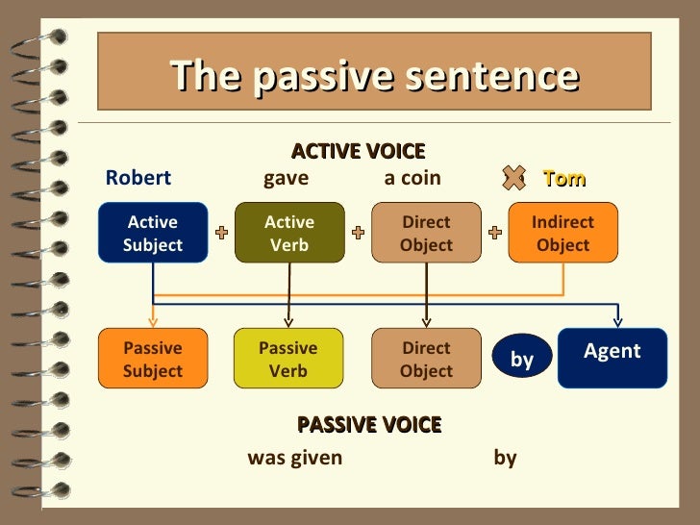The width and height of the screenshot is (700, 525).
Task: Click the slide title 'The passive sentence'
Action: tap(374, 76)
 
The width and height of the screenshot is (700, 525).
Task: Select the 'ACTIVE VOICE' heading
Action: tap(358, 151)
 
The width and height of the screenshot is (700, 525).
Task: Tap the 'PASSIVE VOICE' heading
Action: tap(369, 424)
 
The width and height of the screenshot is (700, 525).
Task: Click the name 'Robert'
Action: tap(137, 178)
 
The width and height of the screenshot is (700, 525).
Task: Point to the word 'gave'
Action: tap(286, 178)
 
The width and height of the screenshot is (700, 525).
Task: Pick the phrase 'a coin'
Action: tap(412, 178)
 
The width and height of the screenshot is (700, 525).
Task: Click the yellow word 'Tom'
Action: tap(563, 178)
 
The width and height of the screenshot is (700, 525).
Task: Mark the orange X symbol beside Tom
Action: tap(513, 177)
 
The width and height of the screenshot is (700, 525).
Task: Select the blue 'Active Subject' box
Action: tap(153, 233)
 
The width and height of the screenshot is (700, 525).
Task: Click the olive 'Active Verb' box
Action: tap(289, 233)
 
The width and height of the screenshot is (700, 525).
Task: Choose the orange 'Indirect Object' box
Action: tap(562, 233)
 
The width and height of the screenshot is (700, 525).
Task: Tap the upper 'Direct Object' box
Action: tap(426, 233)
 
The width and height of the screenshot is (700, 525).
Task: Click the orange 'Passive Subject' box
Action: tap(153, 359)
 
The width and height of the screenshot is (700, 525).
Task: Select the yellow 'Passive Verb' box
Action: tap(288, 359)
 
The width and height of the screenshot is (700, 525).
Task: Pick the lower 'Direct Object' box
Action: tap(426, 359)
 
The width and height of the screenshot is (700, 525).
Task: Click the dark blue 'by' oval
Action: tap(522, 359)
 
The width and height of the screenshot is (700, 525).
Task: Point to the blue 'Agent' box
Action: tap(612, 358)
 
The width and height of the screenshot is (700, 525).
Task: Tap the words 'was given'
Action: tap(294, 458)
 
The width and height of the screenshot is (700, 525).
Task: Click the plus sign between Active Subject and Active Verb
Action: tap(221, 233)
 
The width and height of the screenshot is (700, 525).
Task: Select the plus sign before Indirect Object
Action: tap(495, 233)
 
